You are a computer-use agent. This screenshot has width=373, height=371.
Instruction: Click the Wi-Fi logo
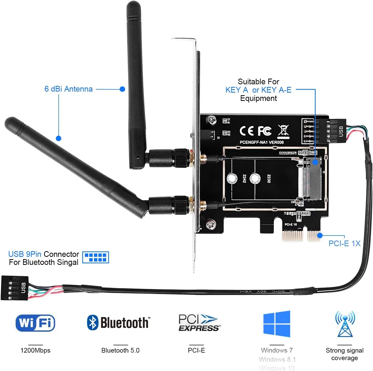pyautogui.click(x=35, y=323)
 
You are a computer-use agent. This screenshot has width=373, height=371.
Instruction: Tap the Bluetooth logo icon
pyautogui.click(x=93, y=322)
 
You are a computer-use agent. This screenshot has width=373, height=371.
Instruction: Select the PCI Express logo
pyautogui.click(x=199, y=323)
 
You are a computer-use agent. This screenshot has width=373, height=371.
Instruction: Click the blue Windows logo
pyautogui.click(x=277, y=324)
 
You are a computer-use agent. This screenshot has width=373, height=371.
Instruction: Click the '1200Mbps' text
pyautogui.click(x=35, y=351)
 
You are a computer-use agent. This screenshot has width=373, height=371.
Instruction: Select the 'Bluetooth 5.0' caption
pyautogui.click(x=120, y=351)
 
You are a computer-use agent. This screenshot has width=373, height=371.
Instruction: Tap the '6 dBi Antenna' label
pyautogui.click(x=69, y=89)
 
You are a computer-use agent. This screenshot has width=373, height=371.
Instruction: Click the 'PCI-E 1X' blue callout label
pyautogui.click(x=344, y=243)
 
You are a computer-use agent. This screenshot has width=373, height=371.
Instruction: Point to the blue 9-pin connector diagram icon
pyautogui.click(x=96, y=257)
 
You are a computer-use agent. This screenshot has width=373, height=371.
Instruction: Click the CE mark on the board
pyautogui.click(x=246, y=131)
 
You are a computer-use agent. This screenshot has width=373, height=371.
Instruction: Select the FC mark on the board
pyautogui.click(x=265, y=131)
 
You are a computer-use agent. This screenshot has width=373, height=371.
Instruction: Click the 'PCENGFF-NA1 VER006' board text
pyautogui.click(x=262, y=142)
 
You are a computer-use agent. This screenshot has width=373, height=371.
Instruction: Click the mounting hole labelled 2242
pyautogui.click(x=232, y=178)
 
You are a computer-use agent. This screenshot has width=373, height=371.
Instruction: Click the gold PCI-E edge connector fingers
pyautogui.click(x=301, y=235)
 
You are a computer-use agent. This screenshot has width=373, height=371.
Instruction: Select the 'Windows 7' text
pyautogui.click(x=277, y=350)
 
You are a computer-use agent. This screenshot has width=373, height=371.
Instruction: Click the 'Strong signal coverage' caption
pyautogui.click(x=344, y=354)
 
